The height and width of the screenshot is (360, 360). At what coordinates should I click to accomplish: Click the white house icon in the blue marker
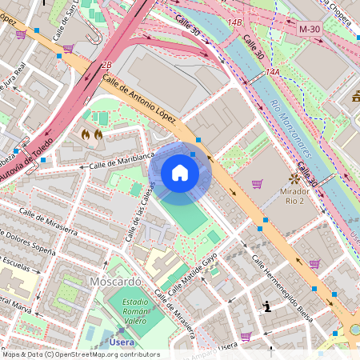coord(180,172)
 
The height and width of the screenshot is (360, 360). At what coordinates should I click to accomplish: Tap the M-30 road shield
coord(310,29)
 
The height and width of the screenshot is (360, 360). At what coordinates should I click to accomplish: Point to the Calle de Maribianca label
coord(121,162)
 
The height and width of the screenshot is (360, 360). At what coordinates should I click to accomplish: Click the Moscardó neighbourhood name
coord(115,282)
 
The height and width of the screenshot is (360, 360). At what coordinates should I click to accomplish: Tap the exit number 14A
coord(273,72)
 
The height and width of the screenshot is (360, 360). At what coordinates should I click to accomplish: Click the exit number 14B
coord(234,22)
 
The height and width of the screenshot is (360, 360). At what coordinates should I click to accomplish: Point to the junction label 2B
coord(106,64)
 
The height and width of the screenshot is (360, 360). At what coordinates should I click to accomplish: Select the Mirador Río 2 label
coord(300,198)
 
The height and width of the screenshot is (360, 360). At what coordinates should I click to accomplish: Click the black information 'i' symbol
coord(267,306)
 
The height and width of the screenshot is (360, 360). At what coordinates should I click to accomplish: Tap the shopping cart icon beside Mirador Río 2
coord(257,183)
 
